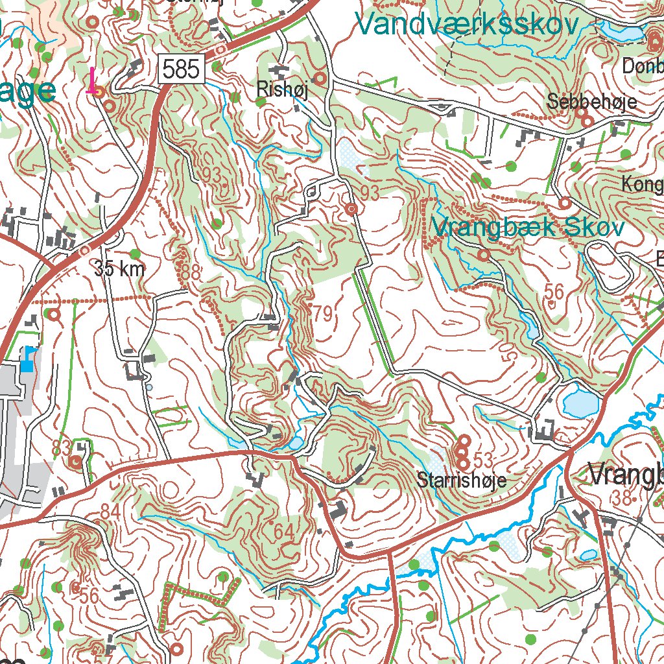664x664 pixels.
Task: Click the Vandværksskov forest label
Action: pyautogui.click(x=466, y=25)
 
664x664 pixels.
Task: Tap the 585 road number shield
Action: pyautogui.click(x=181, y=69)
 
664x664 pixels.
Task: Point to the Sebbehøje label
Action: pyautogui.click(x=591, y=102)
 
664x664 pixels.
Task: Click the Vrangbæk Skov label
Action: pyautogui.click(x=528, y=228)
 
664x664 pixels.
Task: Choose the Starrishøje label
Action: pyautogui.click(x=461, y=480)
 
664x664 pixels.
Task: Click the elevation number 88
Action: pyautogui.click(x=189, y=273)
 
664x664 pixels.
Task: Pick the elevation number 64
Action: pyautogui.click(x=283, y=531)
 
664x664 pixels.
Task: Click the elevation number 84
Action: pyautogui.click(x=110, y=512)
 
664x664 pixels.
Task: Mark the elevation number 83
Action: pyautogui.click(x=61, y=447)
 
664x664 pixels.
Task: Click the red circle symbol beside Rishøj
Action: pyautogui.click(x=320, y=79)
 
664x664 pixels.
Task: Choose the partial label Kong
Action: pyautogui.click(x=641, y=184)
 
